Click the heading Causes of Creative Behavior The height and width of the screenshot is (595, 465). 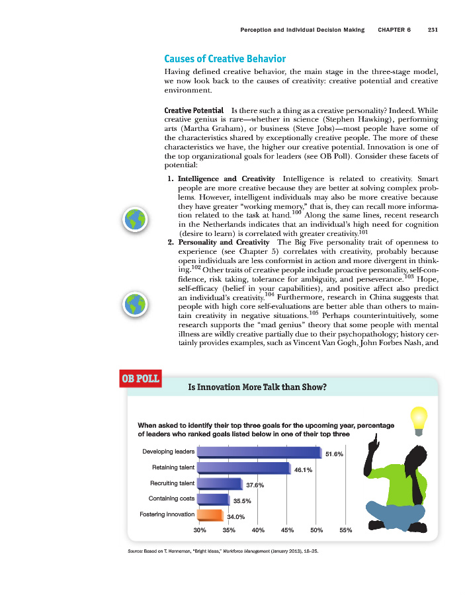click(x=225, y=59)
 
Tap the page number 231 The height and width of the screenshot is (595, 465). click(x=434, y=30)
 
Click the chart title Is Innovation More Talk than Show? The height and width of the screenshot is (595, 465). click(x=257, y=387)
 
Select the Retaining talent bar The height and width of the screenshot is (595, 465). click(x=244, y=468)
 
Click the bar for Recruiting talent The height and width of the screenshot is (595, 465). click(x=220, y=484)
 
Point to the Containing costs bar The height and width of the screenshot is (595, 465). click(x=213, y=499)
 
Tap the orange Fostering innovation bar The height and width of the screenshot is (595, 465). click(x=210, y=514)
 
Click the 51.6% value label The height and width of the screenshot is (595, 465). click(x=335, y=454)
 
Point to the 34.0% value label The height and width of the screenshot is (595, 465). click(x=236, y=517)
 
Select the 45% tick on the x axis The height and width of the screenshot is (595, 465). click(x=287, y=530)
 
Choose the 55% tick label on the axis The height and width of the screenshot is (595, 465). click(x=345, y=530)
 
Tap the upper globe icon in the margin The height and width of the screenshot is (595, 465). click(x=135, y=219)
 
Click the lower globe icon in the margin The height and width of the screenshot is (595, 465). click(x=135, y=304)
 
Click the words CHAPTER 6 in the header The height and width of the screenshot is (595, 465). click(x=394, y=30)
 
